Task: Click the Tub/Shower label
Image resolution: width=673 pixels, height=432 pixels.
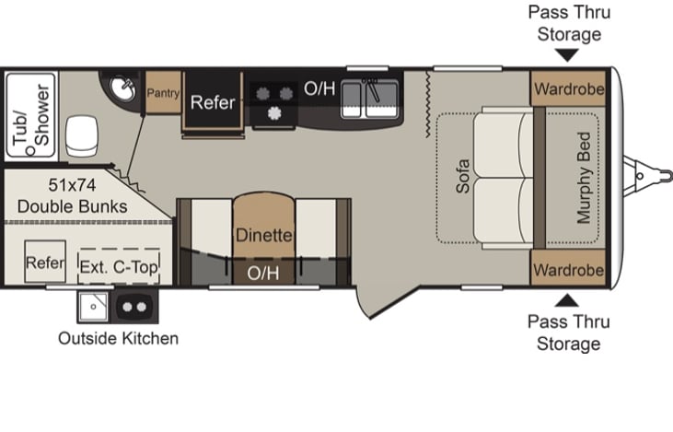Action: (x=30, y=115)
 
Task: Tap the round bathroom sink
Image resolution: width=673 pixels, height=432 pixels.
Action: (x=122, y=88)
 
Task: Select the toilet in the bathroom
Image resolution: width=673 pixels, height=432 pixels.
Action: (x=82, y=135)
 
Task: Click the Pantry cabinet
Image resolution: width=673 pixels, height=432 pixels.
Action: (x=163, y=92)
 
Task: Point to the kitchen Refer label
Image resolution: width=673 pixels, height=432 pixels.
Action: (x=213, y=102)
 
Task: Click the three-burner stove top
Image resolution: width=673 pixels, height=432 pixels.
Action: (x=273, y=102)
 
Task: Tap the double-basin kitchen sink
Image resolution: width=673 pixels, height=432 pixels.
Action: (x=369, y=99)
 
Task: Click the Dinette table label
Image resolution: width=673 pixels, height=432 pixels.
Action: (x=263, y=235)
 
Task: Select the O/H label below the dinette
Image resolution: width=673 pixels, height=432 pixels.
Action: (x=262, y=274)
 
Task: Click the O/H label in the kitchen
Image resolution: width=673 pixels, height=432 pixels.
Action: (x=319, y=88)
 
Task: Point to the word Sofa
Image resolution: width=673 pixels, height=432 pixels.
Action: (x=463, y=176)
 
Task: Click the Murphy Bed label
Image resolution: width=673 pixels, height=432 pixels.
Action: (x=584, y=178)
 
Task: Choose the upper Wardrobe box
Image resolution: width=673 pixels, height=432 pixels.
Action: (x=568, y=88)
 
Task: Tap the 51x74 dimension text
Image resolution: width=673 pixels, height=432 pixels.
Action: (x=72, y=185)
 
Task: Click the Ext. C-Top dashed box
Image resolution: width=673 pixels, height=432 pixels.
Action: (x=119, y=266)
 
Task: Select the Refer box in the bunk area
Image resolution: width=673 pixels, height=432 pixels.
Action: (x=45, y=262)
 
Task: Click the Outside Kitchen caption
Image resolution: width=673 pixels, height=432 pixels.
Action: (x=118, y=338)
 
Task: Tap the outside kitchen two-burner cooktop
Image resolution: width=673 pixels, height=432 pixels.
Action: (x=134, y=307)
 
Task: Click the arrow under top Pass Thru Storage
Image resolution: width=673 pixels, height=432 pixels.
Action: (x=567, y=55)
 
